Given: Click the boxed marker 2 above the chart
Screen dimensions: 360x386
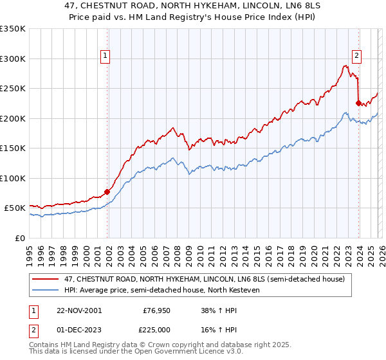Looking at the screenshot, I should coord(356,56).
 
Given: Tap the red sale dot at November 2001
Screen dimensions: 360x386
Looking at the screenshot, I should coord(107,192).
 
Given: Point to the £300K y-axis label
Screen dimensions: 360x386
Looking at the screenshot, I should coord(13,59).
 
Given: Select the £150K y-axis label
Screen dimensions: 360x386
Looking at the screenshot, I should coord(13,148).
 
